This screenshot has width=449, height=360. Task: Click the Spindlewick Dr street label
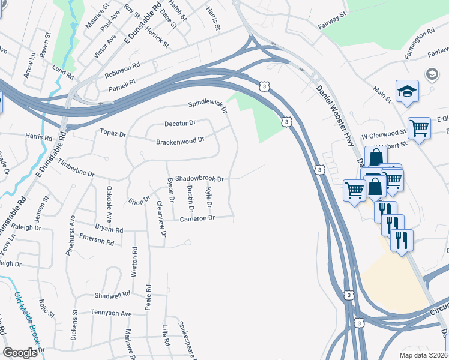tap(208, 106)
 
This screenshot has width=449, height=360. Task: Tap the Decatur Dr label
tap(180, 124)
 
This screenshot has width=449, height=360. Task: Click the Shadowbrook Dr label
tap(199, 178)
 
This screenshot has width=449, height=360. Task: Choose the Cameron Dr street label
tap(197, 218)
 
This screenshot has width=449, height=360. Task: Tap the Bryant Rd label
tap(109, 229)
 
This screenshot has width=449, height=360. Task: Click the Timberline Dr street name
tap(76, 168)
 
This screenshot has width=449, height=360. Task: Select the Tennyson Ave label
tap(110, 313)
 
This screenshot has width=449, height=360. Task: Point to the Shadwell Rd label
tap(112, 295)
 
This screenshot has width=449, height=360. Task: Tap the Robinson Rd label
tap(122, 71)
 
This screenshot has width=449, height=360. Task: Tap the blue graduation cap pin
tap(407, 91)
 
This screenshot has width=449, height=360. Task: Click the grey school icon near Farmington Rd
tap(431, 74)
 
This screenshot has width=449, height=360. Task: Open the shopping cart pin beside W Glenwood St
tap(419, 128)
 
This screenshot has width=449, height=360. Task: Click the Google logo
tap(20, 352)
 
